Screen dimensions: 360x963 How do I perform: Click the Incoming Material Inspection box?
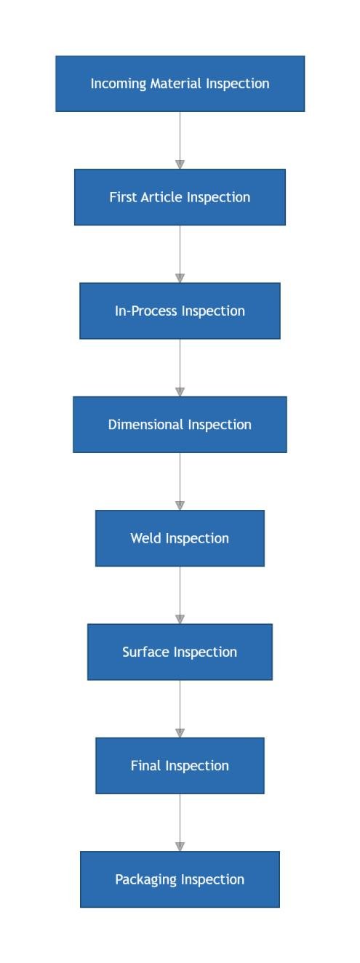[x=180, y=84]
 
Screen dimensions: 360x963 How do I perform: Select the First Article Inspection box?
[x=180, y=197]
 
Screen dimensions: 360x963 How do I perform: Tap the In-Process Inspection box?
[x=180, y=311]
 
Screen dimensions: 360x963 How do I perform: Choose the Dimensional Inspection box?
[x=180, y=424]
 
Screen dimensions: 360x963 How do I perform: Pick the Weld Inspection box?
[x=180, y=538]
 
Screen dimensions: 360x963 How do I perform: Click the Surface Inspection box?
[x=180, y=652]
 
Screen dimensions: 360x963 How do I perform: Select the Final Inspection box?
[x=180, y=766]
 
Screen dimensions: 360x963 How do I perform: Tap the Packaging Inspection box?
[x=180, y=879]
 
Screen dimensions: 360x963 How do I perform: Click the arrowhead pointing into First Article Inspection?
[x=180, y=164]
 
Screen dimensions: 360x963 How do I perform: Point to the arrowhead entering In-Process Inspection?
[x=180, y=279]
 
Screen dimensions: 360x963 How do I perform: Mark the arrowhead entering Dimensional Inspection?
[x=180, y=392]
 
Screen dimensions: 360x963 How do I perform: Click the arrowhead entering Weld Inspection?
[x=180, y=506]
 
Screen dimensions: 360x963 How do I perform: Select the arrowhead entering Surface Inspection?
[x=180, y=620]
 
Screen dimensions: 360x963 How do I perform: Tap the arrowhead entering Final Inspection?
[x=180, y=733]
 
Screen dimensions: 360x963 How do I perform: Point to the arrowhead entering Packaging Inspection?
[x=180, y=847]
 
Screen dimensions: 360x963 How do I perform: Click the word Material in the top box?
[x=175, y=83]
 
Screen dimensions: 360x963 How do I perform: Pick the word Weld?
[x=145, y=538]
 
